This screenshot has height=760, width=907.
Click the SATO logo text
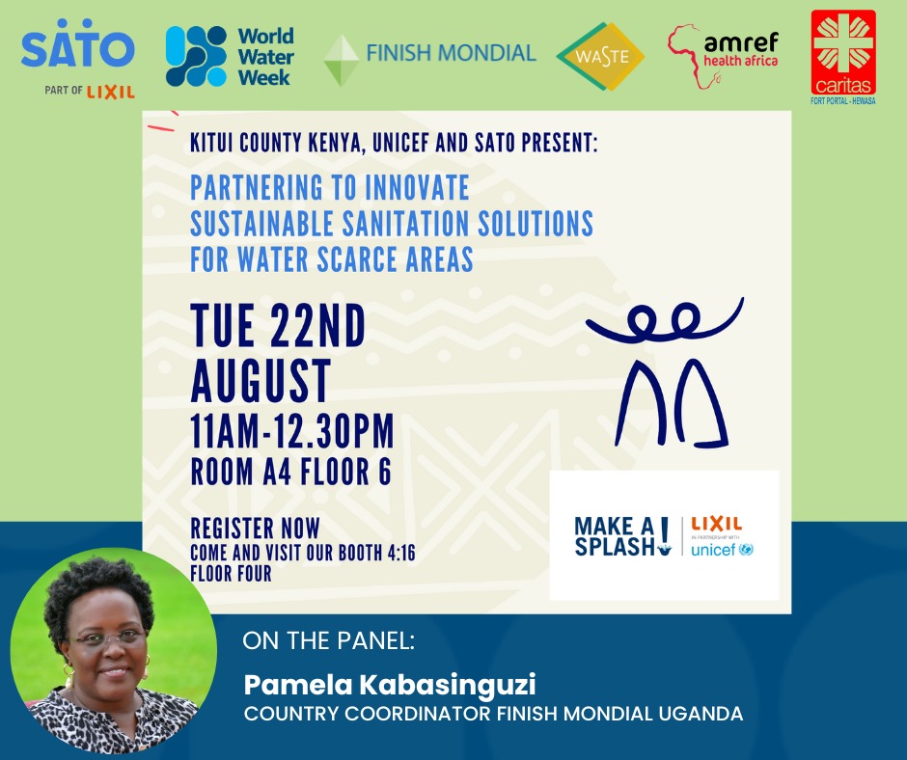coord(77,49)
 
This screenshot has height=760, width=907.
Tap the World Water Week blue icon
coord(196,56)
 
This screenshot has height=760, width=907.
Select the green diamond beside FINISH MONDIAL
coord(341,60)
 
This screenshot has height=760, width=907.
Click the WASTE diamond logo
coord(600,56)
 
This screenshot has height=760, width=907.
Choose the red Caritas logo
coord(843,54)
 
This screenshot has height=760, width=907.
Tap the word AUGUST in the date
coord(261,380)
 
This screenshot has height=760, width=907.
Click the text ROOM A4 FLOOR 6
coord(290,475)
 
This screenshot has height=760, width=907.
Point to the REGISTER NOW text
coord(255,529)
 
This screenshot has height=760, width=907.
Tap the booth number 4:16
coord(397,553)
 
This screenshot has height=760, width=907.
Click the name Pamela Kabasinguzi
coord(389,685)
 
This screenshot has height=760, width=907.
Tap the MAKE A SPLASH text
coord(615,536)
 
